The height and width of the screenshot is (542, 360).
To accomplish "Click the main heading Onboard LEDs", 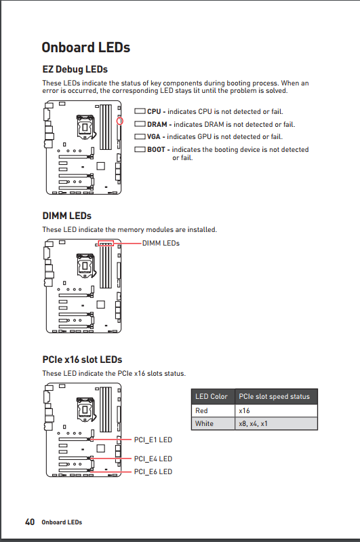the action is (85, 47).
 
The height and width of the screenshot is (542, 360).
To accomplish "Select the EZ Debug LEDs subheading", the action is (75, 69).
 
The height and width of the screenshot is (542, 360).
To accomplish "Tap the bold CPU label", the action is (154, 112).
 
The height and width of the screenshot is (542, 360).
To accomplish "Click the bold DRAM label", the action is (157, 124).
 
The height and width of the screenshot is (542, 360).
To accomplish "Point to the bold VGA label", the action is (154, 137).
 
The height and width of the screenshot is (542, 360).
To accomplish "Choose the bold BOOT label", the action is (156, 150).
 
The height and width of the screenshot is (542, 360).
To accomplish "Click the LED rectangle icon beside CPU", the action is (140, 111).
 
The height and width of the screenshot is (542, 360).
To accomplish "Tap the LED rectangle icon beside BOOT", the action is (140, 149).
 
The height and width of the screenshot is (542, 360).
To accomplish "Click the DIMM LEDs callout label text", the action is (161, 244).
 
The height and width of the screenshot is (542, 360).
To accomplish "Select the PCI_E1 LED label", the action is (153, 440).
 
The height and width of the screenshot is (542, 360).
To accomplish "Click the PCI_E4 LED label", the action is (153, 459).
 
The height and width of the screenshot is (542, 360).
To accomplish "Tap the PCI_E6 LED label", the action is (153, 471).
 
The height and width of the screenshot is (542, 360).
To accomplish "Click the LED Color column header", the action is (212, 396).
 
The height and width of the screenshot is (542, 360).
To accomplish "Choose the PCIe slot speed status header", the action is (275, 396).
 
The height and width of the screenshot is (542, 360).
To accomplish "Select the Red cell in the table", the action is (201, 410).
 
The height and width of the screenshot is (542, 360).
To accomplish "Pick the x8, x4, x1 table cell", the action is (254, 423).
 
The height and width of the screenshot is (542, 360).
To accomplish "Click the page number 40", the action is (30, 522).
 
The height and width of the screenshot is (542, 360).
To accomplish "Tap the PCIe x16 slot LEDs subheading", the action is (82, 360).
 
